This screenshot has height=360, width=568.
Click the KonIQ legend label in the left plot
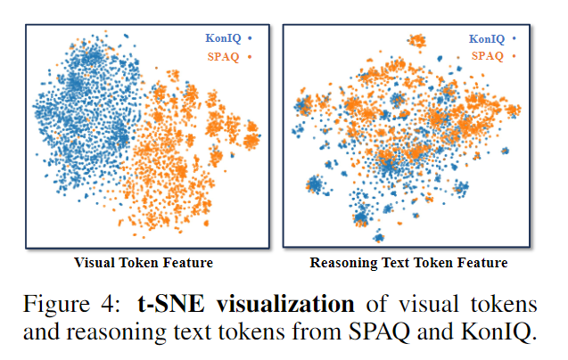tap(221, 38)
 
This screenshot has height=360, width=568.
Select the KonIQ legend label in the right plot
tap(486, 38)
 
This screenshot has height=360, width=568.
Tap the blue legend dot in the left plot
tap(251, 38)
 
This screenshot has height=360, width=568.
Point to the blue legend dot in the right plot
tap(514, 38)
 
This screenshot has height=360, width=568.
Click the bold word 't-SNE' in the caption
tap(169, 303)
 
